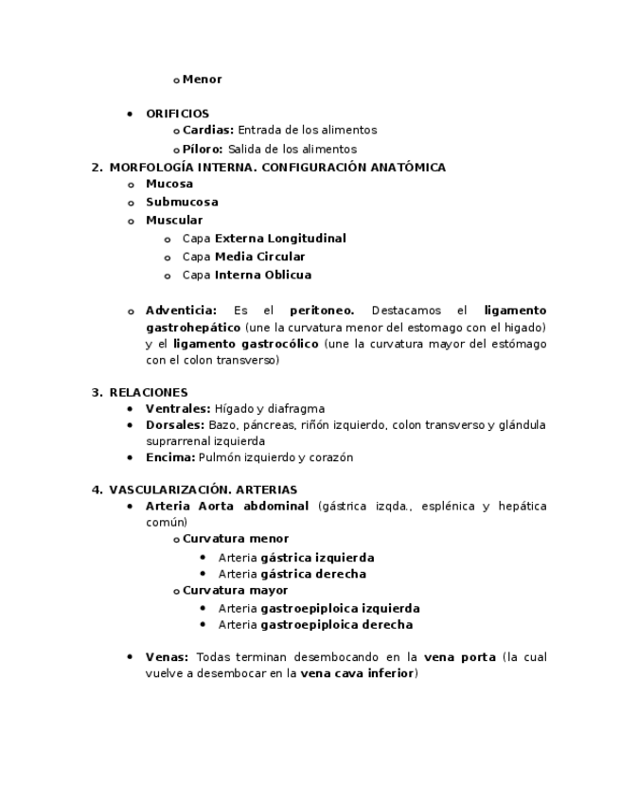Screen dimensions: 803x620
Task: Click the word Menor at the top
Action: click(202, 80)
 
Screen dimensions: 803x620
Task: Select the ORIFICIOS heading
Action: click(177, 114)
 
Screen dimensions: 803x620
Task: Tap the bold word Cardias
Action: click(207, 131)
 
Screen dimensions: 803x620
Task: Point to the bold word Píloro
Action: click(203, 150)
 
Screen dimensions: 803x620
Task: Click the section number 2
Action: click(96, 168)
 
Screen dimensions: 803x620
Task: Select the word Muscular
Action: click(174, 221)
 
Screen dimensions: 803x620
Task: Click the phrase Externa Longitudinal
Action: click(280, 239)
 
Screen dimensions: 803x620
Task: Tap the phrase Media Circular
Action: click(259, 257)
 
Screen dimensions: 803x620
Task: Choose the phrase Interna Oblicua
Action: click(262, 276)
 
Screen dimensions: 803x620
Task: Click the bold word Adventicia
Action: click(181, 311)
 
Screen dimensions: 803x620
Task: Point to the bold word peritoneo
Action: click(322, 311)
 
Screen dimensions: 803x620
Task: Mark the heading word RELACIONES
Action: click(149, 392)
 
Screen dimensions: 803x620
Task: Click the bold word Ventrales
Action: click(178, 409)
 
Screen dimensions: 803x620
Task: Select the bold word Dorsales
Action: click(175, 425)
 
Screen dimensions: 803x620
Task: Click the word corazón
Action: click(330, 457)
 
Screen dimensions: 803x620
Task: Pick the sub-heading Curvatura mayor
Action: click(235, 591)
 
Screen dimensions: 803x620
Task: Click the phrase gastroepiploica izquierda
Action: click(340, 609)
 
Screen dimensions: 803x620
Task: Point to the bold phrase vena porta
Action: click(459, 657)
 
